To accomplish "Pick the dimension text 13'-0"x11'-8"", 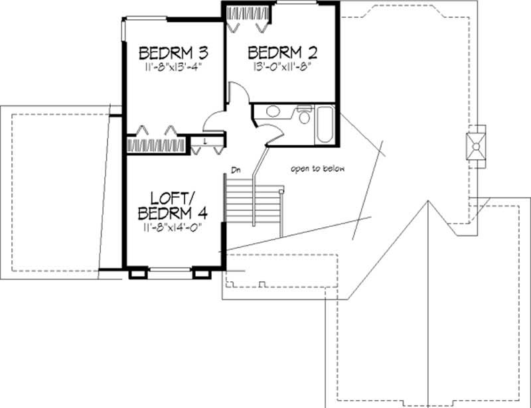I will click(x=279, y=67).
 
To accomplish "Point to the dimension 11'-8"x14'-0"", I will click(x=172, y=227).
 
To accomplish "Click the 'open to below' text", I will click(x=318, y=169).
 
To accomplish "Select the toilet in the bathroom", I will click(x=304, y=117).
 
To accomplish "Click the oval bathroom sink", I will click(x=269, y=112).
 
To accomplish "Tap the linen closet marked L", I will click(x=206, y=141).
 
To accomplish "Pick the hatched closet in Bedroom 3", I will click(x=157, y=144).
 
